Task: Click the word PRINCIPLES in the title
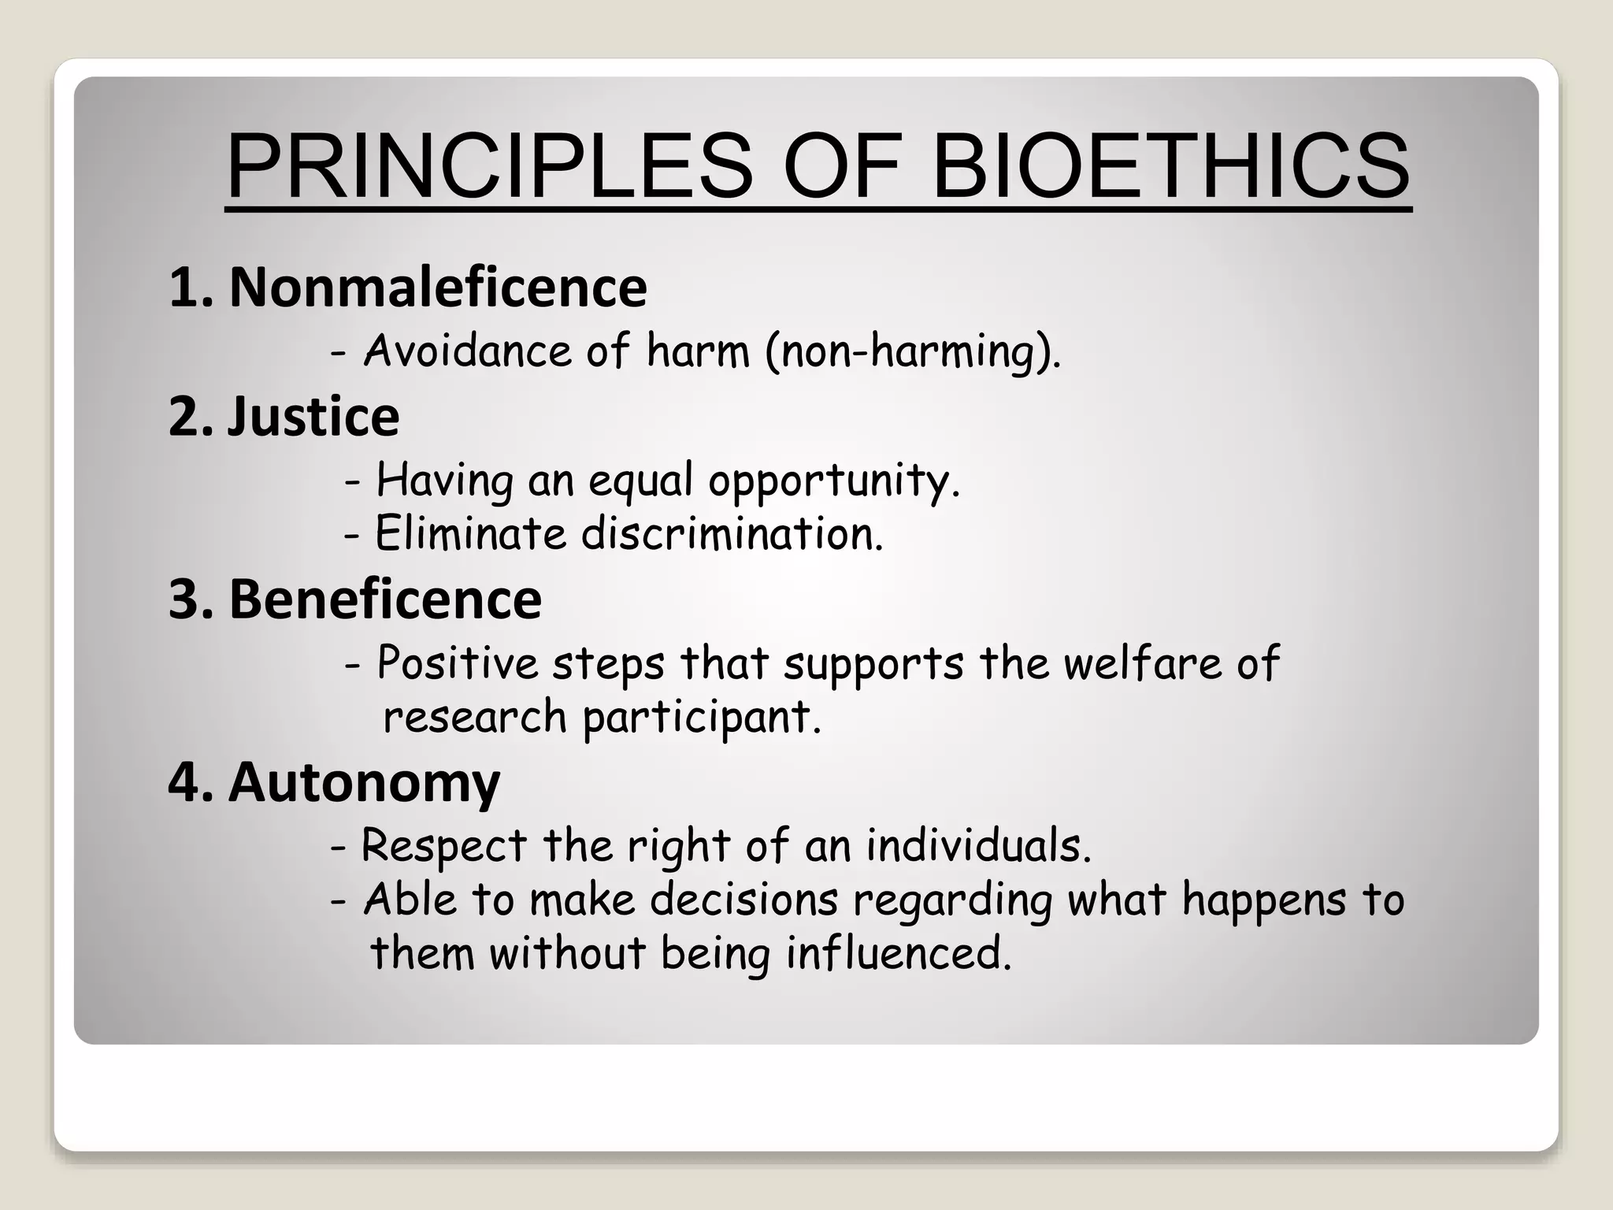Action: click(489, 167)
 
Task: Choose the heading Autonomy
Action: click(364, 782)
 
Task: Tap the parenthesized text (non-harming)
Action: click(912, 351)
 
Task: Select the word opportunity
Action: click(834, 481)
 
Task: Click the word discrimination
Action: click(732, 534)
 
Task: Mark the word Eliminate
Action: click(470, 534)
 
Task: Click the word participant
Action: click(702, 718)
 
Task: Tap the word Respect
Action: click(443, 847)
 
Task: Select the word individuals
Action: click(978, 847)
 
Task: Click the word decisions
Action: click(743, 900)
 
